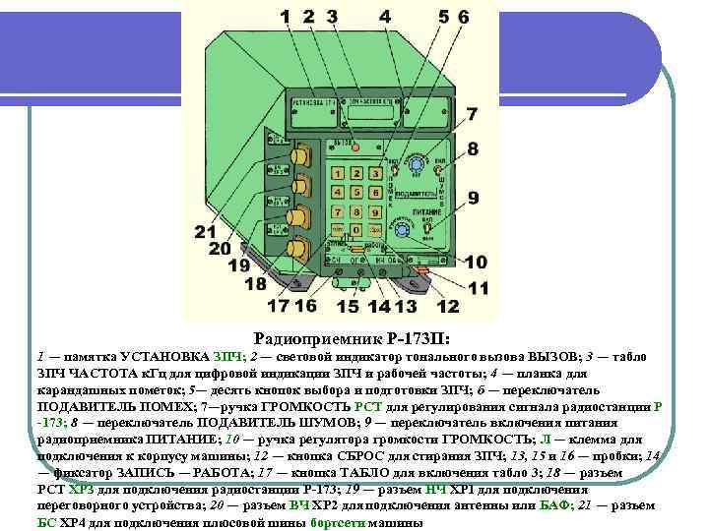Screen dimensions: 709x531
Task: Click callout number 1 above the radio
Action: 285,17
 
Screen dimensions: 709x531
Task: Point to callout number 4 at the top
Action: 384,17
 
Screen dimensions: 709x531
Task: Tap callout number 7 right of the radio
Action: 473,115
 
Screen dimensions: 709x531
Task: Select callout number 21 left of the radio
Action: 205,232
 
